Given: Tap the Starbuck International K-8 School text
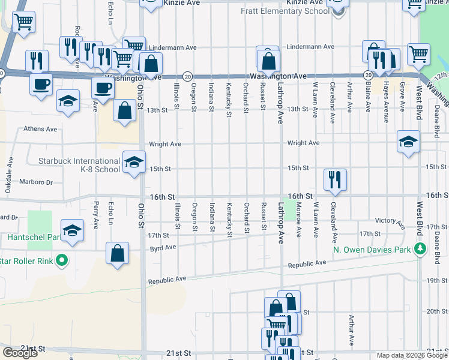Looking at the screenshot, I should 79,165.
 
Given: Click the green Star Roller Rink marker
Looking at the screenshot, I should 61,260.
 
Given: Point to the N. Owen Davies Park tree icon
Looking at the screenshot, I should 421,248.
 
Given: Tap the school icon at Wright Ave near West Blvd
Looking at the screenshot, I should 408,142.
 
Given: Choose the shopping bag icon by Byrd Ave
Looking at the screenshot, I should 117,253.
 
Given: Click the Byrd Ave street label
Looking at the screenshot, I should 163,247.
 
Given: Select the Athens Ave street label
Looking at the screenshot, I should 40,128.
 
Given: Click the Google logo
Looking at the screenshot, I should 20,353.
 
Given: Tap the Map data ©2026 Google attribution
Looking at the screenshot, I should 411,355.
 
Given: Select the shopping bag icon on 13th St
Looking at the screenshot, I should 124,111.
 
